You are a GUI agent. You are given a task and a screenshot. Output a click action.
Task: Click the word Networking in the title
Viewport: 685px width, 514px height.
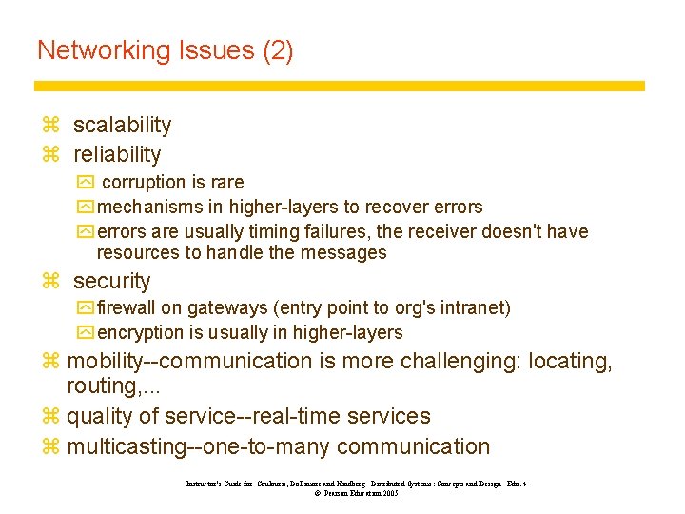point(102,50)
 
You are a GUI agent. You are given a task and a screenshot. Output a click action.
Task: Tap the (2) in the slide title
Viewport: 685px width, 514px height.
point(278,50)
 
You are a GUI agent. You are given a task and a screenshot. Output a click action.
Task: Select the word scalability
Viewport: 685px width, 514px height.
point(123,125)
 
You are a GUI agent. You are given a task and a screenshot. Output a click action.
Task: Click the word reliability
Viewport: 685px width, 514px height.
point(117,154)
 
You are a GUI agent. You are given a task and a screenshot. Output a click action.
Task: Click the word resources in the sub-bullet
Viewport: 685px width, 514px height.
point(138,252)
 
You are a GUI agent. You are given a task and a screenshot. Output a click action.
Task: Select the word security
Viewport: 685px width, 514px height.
point(112,281)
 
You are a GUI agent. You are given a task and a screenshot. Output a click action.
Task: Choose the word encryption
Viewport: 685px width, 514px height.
point(142,332)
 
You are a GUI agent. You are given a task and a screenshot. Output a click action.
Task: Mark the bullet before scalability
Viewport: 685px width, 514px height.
point(51,126)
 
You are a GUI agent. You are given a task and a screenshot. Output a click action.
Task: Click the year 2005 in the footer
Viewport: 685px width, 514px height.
point(390,493)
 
